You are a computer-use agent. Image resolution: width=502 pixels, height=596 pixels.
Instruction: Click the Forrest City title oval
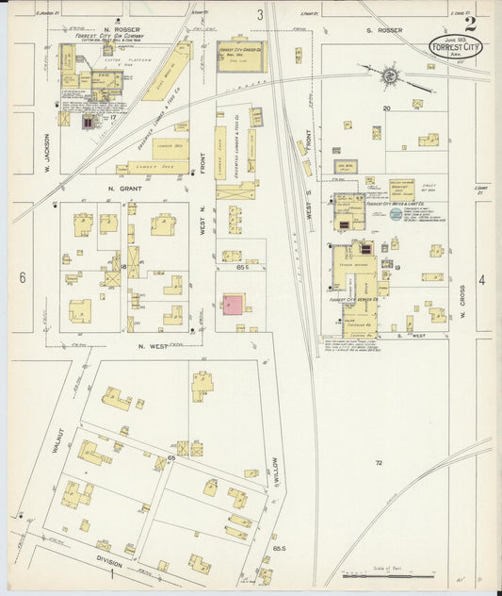coord(453,45)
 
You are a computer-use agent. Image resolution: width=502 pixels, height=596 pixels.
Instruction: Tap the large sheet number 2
coord(469,24)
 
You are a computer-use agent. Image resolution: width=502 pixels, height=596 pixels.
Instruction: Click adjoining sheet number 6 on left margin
coord(22,278)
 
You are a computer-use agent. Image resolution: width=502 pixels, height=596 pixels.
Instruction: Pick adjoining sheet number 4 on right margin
coord(481,280)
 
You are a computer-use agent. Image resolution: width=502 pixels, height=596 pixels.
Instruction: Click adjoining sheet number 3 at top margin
coord(260,14)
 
